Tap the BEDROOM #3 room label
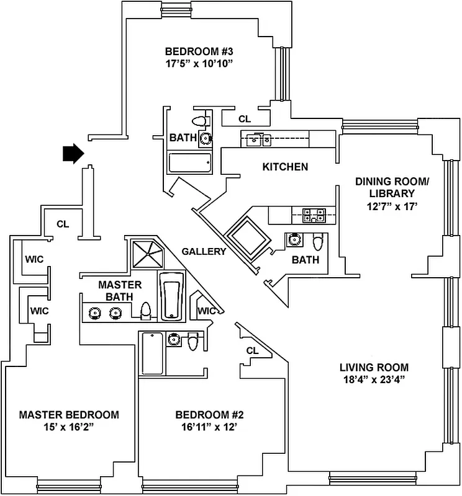tap(198, 51)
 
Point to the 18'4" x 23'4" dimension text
tap(373, 379)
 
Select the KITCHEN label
tap(285, 167)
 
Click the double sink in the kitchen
tap(258, 139)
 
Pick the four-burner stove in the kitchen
tap(314, 216)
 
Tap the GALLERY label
tap(204, 251)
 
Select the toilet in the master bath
tap(147, 311)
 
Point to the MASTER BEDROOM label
tap(69, 415)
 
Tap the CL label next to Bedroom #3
tap(245, 119)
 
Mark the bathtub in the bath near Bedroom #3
tap(190, 163)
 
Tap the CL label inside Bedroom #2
tap(251, 350)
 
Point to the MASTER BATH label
tap(120, 291)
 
